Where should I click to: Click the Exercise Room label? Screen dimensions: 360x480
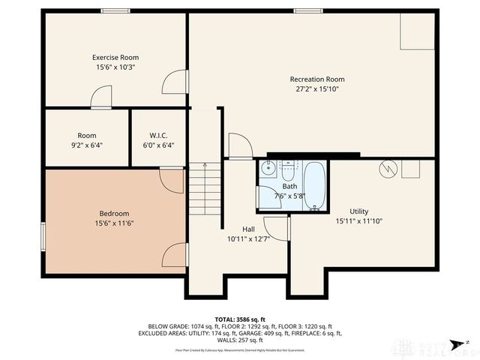115,58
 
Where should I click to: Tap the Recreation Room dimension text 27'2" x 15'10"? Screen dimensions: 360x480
317,89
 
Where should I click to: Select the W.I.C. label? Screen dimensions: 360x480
157,136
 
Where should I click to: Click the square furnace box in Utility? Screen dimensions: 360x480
410,169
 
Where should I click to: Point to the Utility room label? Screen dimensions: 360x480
359,211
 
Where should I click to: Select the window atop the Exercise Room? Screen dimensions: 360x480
115,10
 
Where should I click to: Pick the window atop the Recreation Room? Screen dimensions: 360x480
308,10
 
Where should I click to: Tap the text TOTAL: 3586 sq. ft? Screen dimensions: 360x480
240,320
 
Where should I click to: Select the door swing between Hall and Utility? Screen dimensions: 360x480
277,229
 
